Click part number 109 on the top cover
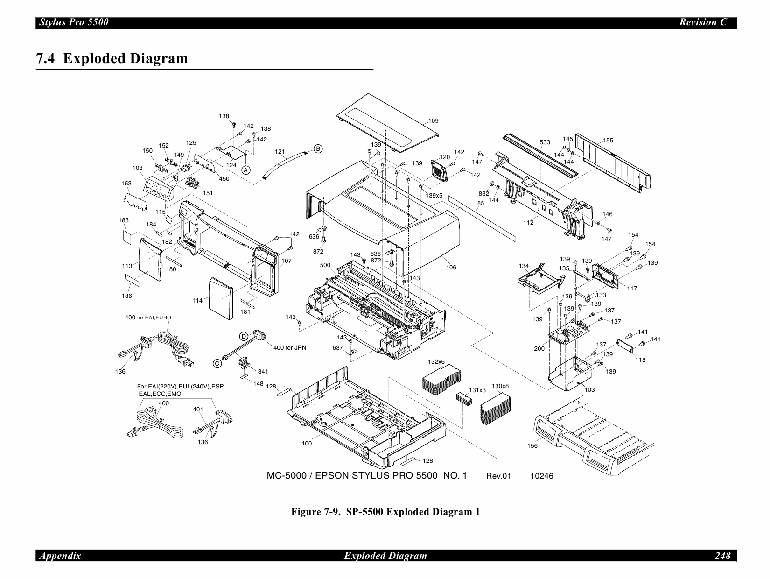click(433, 121)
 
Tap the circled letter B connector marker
click(318, 149)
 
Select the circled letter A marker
click(246, 170)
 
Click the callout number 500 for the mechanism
click(325, 265)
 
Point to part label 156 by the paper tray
click(532, 446)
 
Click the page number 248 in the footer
click(722, 556)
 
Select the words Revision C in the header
click(703, 22)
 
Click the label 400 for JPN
click(289, 348)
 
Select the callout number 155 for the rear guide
click(608, 141)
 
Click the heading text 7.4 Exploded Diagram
click(112, 59)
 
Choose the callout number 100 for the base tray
click(307, 444)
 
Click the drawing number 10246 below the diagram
click(541, 476)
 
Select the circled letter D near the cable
click(243, 337)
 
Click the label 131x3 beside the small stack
click(477, 390)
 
